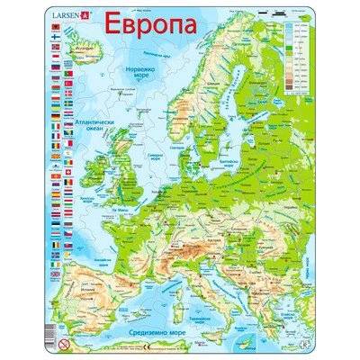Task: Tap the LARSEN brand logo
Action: [71, 14]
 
